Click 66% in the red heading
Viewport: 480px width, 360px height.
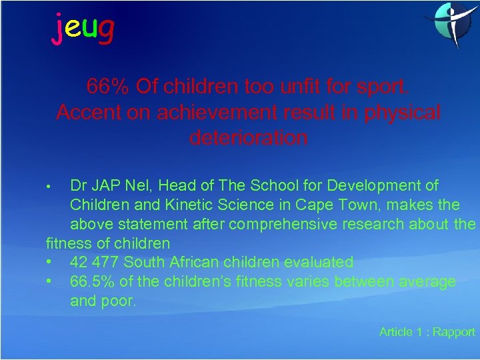coord(108,86)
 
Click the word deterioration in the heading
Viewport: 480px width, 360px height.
coord(249,138)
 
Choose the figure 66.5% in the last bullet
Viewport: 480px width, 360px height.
coord(93,281)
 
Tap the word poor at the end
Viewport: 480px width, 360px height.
coord(120,301)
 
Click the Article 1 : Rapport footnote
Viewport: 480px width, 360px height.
coord(427,331)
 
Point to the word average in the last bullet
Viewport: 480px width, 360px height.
coord(427,281)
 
